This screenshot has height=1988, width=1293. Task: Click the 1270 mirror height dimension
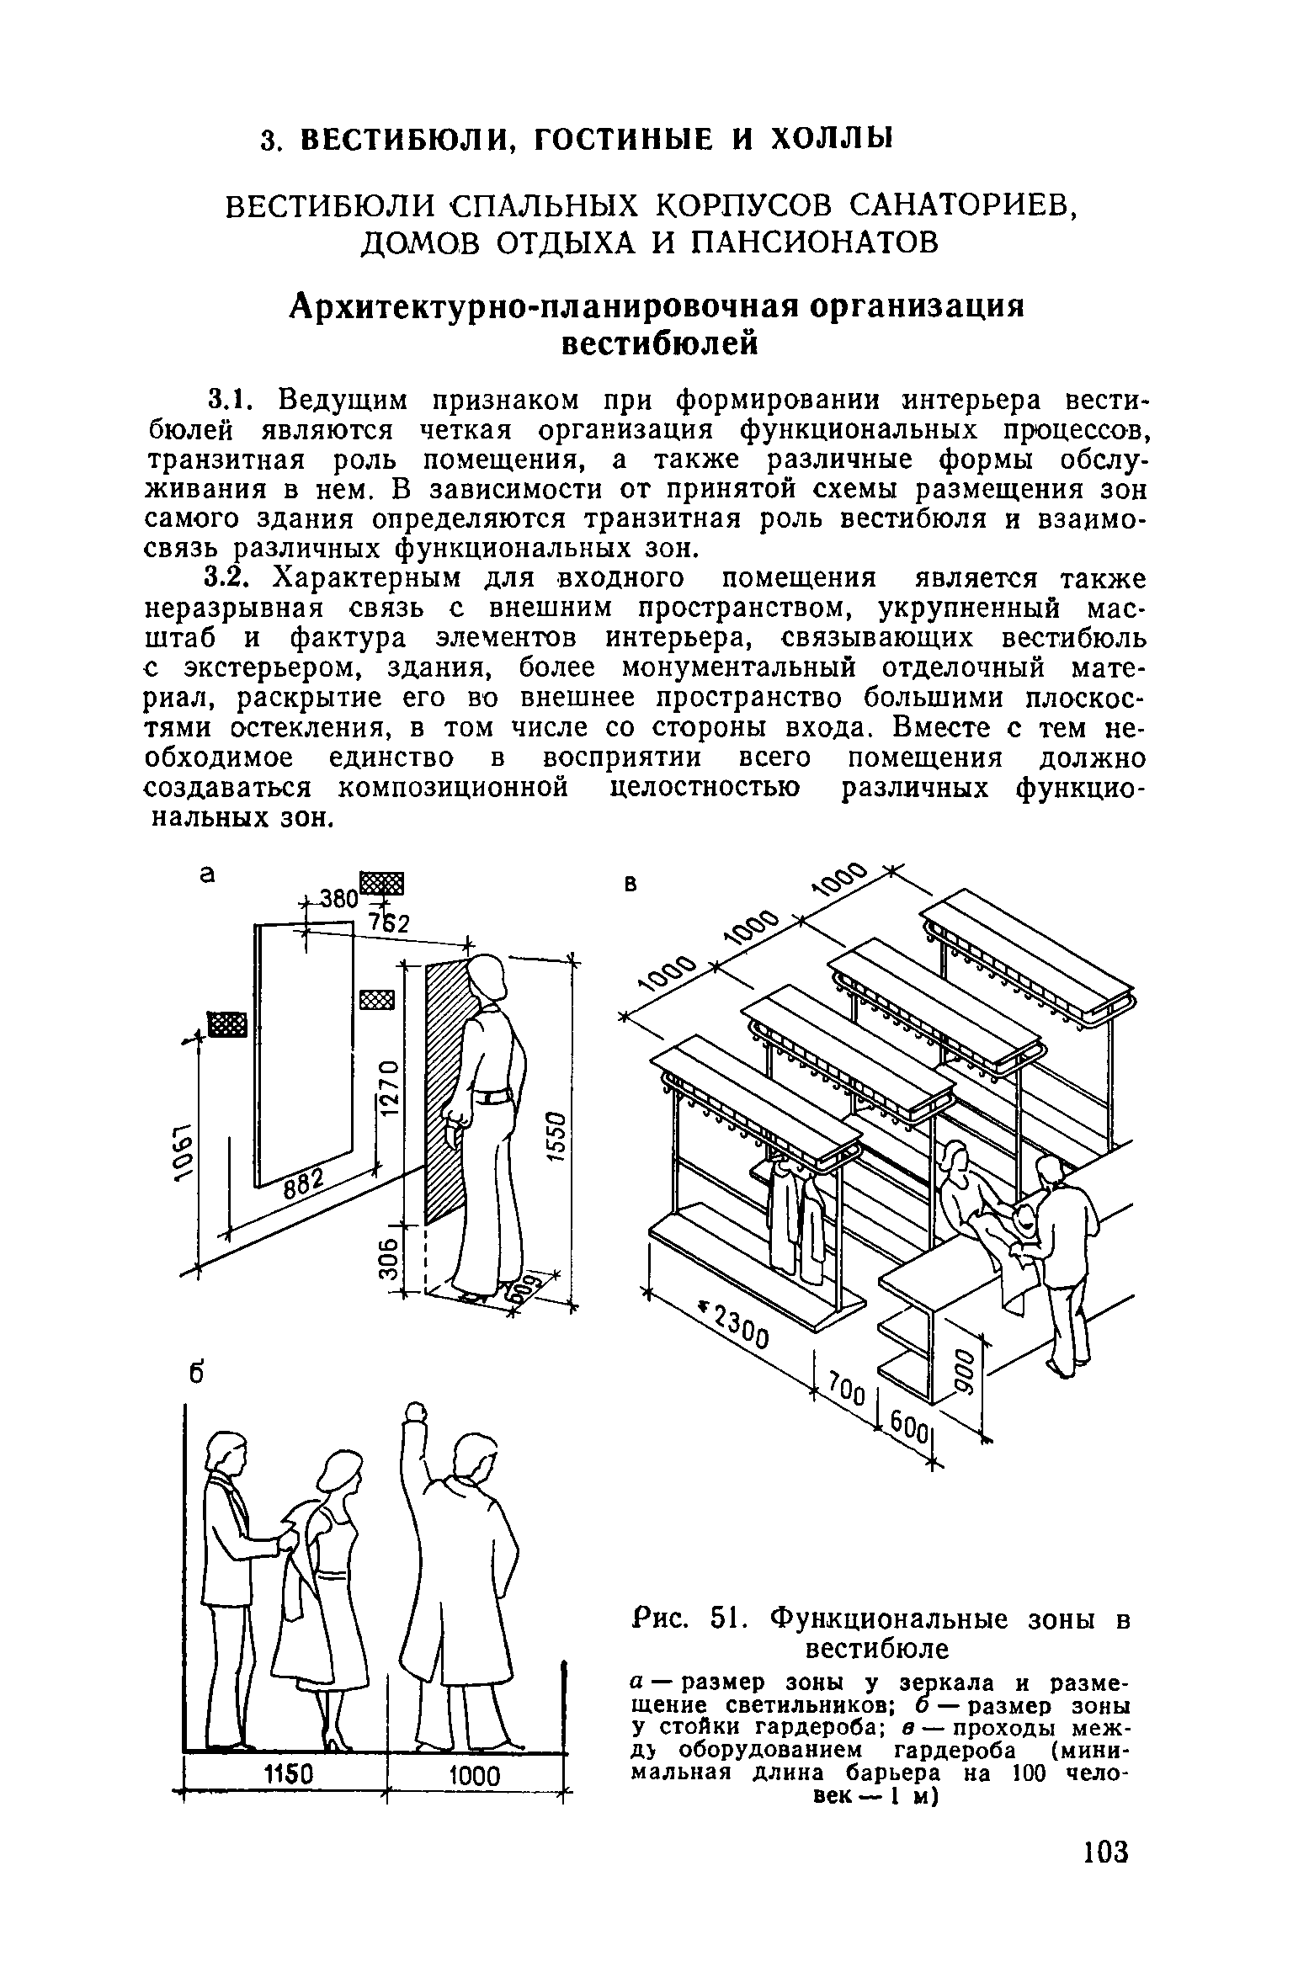pyautogui.click(x=388, y=1088)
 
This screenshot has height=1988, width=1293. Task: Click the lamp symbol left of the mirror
pyautogui.click(x=226, y=1025)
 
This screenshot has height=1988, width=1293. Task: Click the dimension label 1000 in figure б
pyautogui.click(x=475, y=1776)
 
